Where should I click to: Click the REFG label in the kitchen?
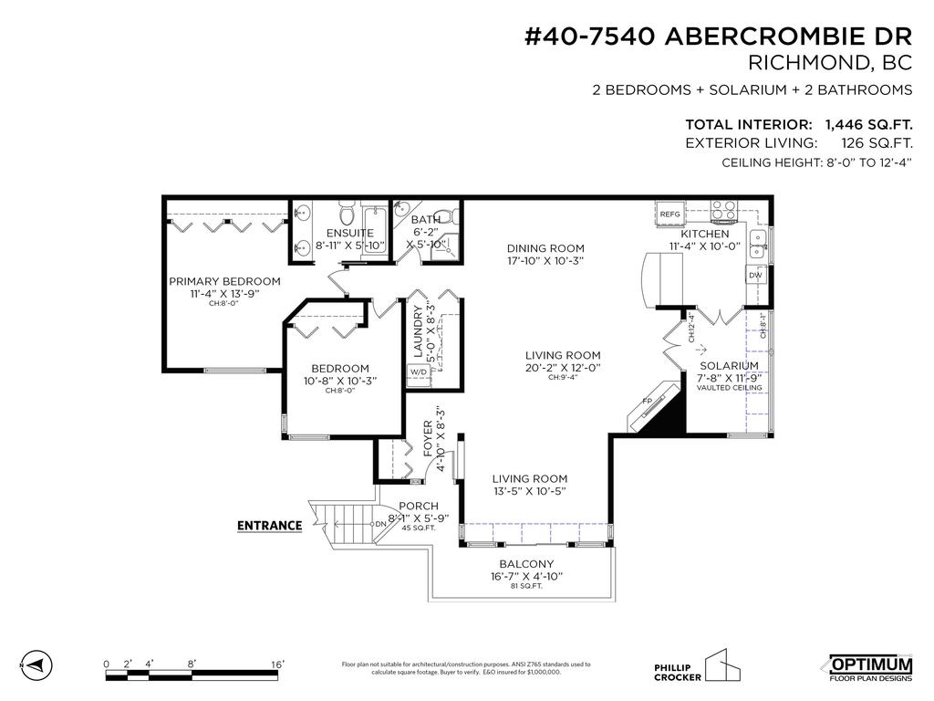[669, 214]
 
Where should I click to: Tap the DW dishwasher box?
[755, 275]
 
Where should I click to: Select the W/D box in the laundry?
[418, 372]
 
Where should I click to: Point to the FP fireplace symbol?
[649, 401]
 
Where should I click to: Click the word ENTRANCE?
[269, 525]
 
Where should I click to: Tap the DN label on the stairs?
[380, 524]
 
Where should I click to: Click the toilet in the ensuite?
[346, 215]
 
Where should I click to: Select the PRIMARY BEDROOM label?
[224, 281]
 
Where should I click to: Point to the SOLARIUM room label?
[729, 365]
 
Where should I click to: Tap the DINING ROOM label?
[545, 248]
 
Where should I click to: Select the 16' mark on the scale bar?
[277, 664]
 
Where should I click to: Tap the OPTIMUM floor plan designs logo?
[870, 667]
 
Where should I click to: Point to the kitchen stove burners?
[724, 211]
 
